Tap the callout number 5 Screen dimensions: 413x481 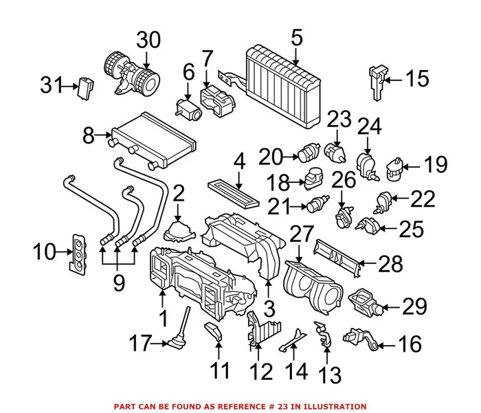click(x=296, y=38)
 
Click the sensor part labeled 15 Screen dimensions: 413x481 click(x=377, y=77)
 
